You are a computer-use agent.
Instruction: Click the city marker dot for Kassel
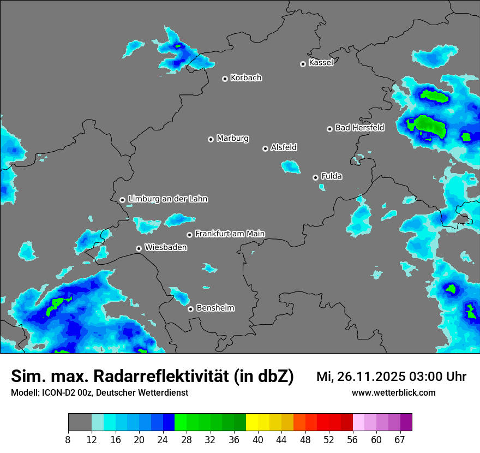point(303,64)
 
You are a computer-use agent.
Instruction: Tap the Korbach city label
point(246,78)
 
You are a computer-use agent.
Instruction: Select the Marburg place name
point(232,138)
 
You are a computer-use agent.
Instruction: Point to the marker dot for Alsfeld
point(265,148)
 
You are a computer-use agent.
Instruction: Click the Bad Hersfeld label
point(359,128)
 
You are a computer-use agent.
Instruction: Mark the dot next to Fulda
point(315,177)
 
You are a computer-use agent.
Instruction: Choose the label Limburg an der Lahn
point(167,199)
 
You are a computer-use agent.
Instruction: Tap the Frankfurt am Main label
point(230,234)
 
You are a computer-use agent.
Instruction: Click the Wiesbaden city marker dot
point(139,248)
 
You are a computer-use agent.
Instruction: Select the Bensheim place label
point(215,308)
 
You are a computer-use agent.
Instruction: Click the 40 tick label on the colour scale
point(257,440)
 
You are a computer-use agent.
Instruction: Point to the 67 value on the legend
point(400,440)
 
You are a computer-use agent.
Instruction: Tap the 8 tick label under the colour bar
point(68,440)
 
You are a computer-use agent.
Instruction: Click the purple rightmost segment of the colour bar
point(406,422)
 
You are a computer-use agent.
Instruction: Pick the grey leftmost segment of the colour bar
point(80,422)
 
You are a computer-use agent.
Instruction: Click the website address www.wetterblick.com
point(393,392)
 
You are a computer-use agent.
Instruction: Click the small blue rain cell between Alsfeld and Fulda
point(291,167)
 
